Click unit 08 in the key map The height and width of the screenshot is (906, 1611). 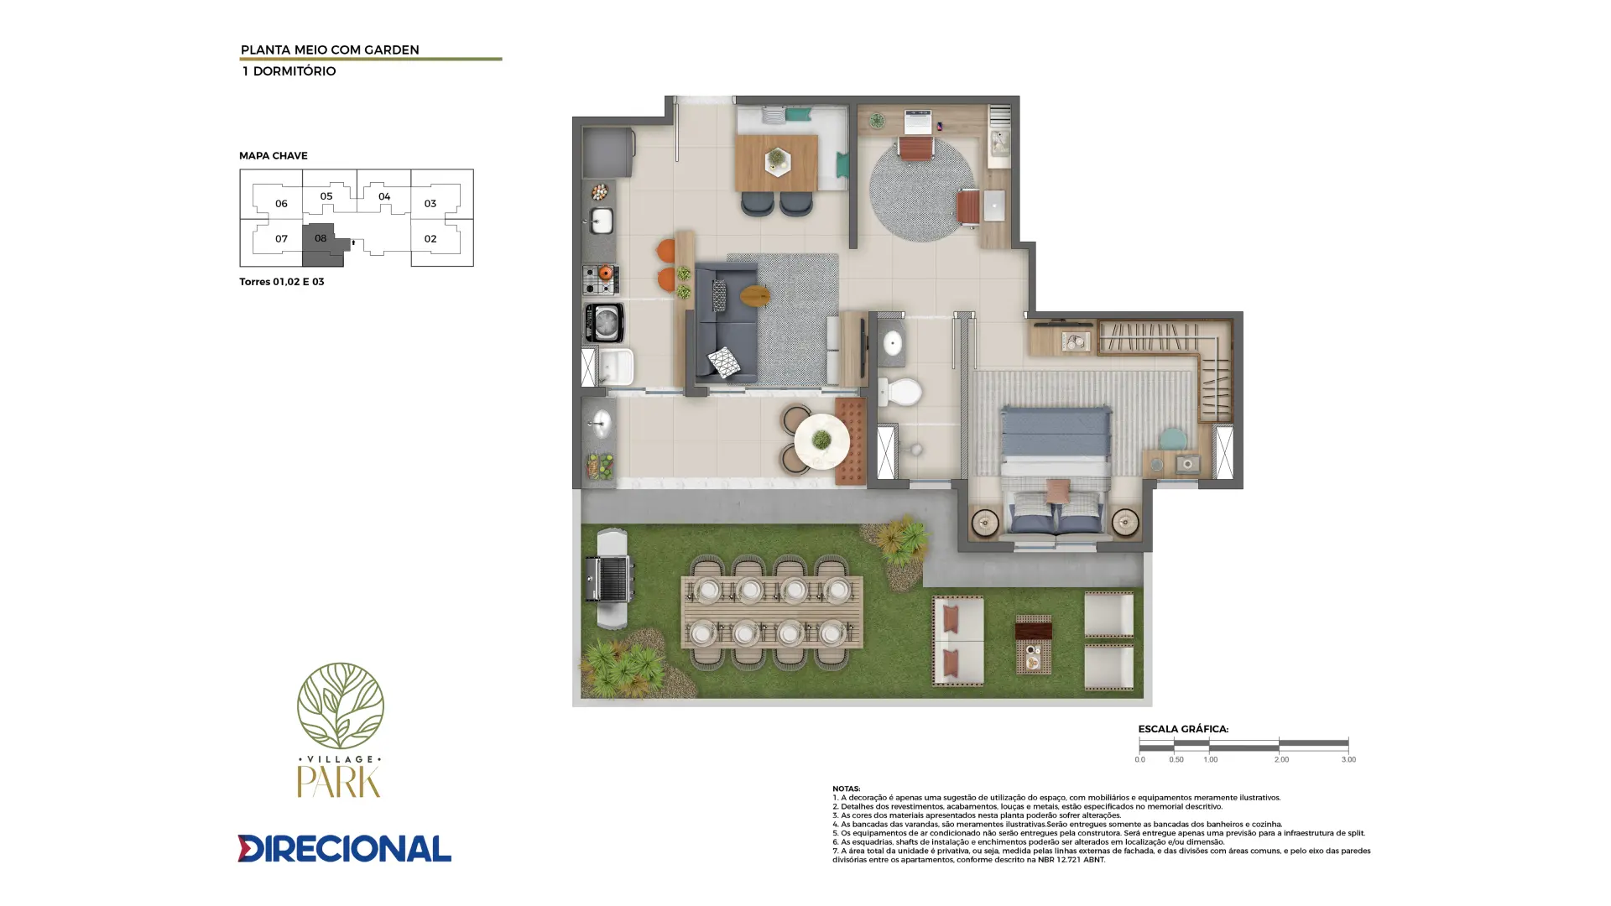click(321, 239)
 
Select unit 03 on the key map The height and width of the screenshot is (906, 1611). click(430, 203)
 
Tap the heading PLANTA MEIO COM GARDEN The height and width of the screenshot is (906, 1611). click(330, 49)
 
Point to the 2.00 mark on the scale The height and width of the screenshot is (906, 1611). click(1280, 759)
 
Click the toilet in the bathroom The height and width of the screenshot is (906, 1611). click(899, 391)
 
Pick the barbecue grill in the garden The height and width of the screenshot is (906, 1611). click(610, 578)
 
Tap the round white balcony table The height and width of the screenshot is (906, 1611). click(821, 440)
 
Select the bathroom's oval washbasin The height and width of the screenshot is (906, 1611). click(892, 343)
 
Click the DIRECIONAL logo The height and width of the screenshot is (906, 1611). click(344, 848)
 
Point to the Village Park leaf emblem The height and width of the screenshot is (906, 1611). click(340, 706)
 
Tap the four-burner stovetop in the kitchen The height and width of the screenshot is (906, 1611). click(601, 279)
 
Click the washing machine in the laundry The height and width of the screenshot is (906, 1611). click(604, 323)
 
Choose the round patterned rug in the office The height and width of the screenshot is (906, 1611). click(920, 190)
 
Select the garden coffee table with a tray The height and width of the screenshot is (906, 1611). click(1033, 644)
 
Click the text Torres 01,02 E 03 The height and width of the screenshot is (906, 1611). click(281, 282)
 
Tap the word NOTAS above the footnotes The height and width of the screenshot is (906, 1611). click(846, 789)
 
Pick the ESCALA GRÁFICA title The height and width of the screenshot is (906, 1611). click(1183, 729)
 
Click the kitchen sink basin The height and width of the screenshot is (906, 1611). click(602, 221)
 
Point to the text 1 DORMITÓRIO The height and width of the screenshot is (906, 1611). click(289, 71)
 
